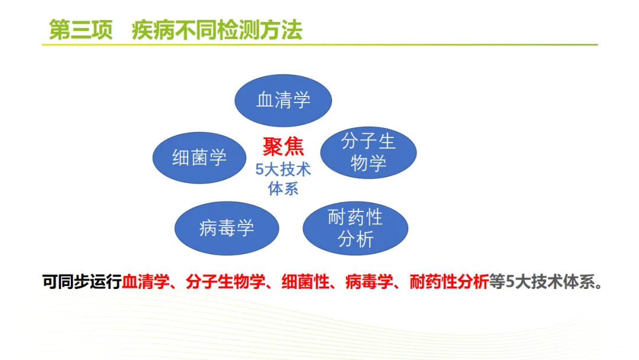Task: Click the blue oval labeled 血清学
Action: pyautogui.click(x=283, y=100)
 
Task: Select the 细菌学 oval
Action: pyautogui.click(x=199, y=157)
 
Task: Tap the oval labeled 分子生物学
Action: pyautogui.click(x=369, y=153)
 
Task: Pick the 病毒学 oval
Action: pyautogui.click(x=227, y=228)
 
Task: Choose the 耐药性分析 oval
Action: pyautogui.click(x=356, y=229)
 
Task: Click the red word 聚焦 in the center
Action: pyautogui.click(x=283, y=147)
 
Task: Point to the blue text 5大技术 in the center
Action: pyautogui.click(x=283, y=169)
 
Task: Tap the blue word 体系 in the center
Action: pyautogui.click(x=283, y=189)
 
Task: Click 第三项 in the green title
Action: pyautogui.click(x=80, y=30)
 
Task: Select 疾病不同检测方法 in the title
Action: pyautogui.click(x=217, y=30)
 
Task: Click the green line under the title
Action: pyautogui.click(x=319, y=44)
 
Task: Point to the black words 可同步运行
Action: pyautogui.click(x=82, y=282)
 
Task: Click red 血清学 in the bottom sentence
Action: pyautogui.click(x=146, y=282)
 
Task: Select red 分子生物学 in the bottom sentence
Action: pyautogui.click(x=225, y=282)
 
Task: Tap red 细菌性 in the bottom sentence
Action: pyautogui.click(x=305, y=282)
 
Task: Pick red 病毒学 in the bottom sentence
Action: pyautogui.click(x=369, y=282)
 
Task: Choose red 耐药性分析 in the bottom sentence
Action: pyautogui.click(x=449, y=282)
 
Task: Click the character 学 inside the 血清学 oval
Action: pyautogui.click(x=302, y=100)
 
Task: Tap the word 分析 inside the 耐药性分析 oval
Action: pyautogui.click(x=356, y=239)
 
